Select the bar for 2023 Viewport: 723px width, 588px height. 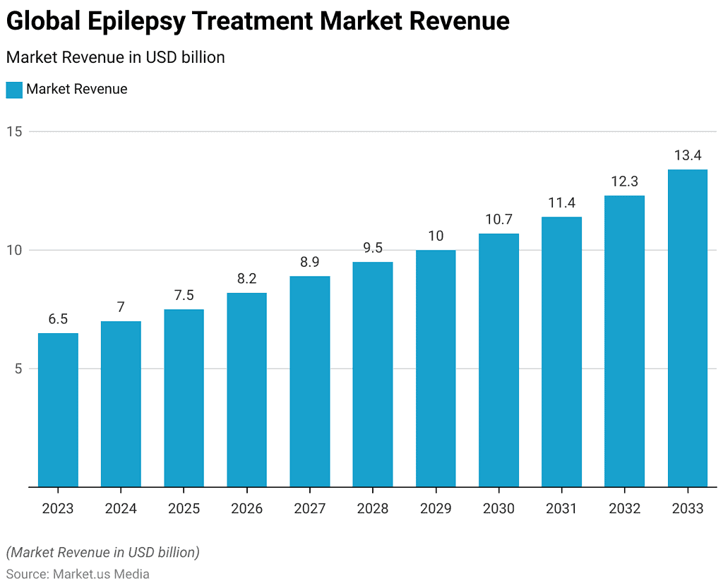tap(58, 410)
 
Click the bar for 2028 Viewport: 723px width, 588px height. tap(373, 374)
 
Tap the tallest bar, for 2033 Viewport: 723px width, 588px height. tap(687, 328)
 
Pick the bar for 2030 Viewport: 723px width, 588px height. tap(498, 360)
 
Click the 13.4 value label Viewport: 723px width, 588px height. tap(687, 155)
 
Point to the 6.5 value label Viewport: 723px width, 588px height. tap(58, 319)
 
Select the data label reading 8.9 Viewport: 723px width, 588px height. tap(309, 262)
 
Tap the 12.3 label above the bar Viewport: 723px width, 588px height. tap(624, 181)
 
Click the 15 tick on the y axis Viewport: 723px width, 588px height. tap(15, 131)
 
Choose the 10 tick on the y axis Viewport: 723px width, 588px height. tap(15, 250)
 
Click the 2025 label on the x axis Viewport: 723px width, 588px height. tap(184, 508)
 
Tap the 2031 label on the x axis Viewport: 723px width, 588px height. tap(561, 508)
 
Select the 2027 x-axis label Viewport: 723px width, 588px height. tap(309, 508)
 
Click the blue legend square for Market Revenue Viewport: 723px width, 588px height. tap(14, 90)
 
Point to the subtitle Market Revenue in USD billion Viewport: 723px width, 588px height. tap(115, 57)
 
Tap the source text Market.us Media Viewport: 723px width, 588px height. tap(101, 574)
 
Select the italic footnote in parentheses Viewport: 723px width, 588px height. tap(102, 552)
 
